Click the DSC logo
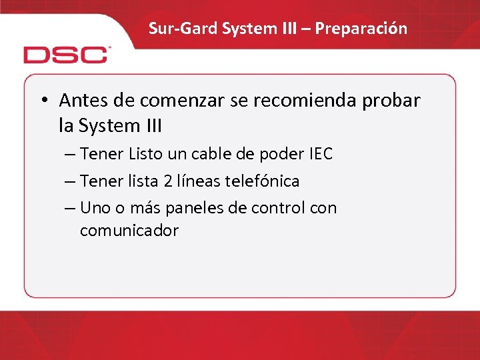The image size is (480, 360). [66, 54]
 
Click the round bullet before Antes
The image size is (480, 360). [43, 101]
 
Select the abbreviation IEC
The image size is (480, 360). [320, 155]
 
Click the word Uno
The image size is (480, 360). [94, 208]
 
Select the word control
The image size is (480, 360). [279, 208]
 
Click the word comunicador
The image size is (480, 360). [129, 231]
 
